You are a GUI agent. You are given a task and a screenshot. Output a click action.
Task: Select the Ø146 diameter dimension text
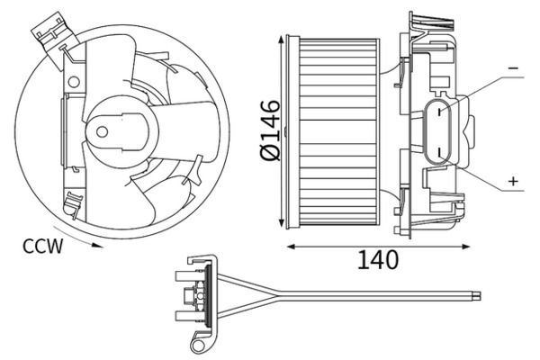pyautogui.click(x=269, y=131)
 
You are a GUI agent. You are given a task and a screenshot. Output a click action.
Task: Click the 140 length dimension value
pyautogui.click(x=377, y=261)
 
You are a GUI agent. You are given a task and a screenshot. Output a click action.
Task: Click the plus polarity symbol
pyautogui.click(x=514, y=181)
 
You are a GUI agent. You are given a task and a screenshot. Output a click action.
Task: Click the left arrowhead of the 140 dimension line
pyautogui.click(x=289, y=244)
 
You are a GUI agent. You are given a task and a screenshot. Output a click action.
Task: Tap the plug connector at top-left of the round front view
pyautogui.click(x=44, y=31)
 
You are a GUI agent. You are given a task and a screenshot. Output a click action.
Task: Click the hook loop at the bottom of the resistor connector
pyautogui.click(x=200, y=342)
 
